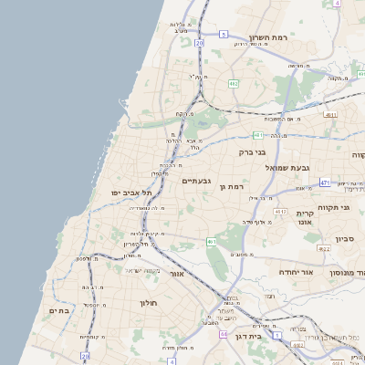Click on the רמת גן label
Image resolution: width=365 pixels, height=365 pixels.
click(x=235, y=186)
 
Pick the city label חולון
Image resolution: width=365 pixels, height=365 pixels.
click(x=150, y=303)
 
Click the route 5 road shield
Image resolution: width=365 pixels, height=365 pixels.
click(x=223, y=34)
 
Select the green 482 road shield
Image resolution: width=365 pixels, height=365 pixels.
click(x=234, y=83)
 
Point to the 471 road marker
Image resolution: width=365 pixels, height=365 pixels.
click(x=325, y=182)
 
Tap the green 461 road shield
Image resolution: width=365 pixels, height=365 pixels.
click(x=211, y=242)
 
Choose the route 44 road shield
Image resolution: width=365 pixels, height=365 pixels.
click(x=222, y=335)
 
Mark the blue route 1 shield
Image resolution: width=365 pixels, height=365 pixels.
click(x=84, y=356)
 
